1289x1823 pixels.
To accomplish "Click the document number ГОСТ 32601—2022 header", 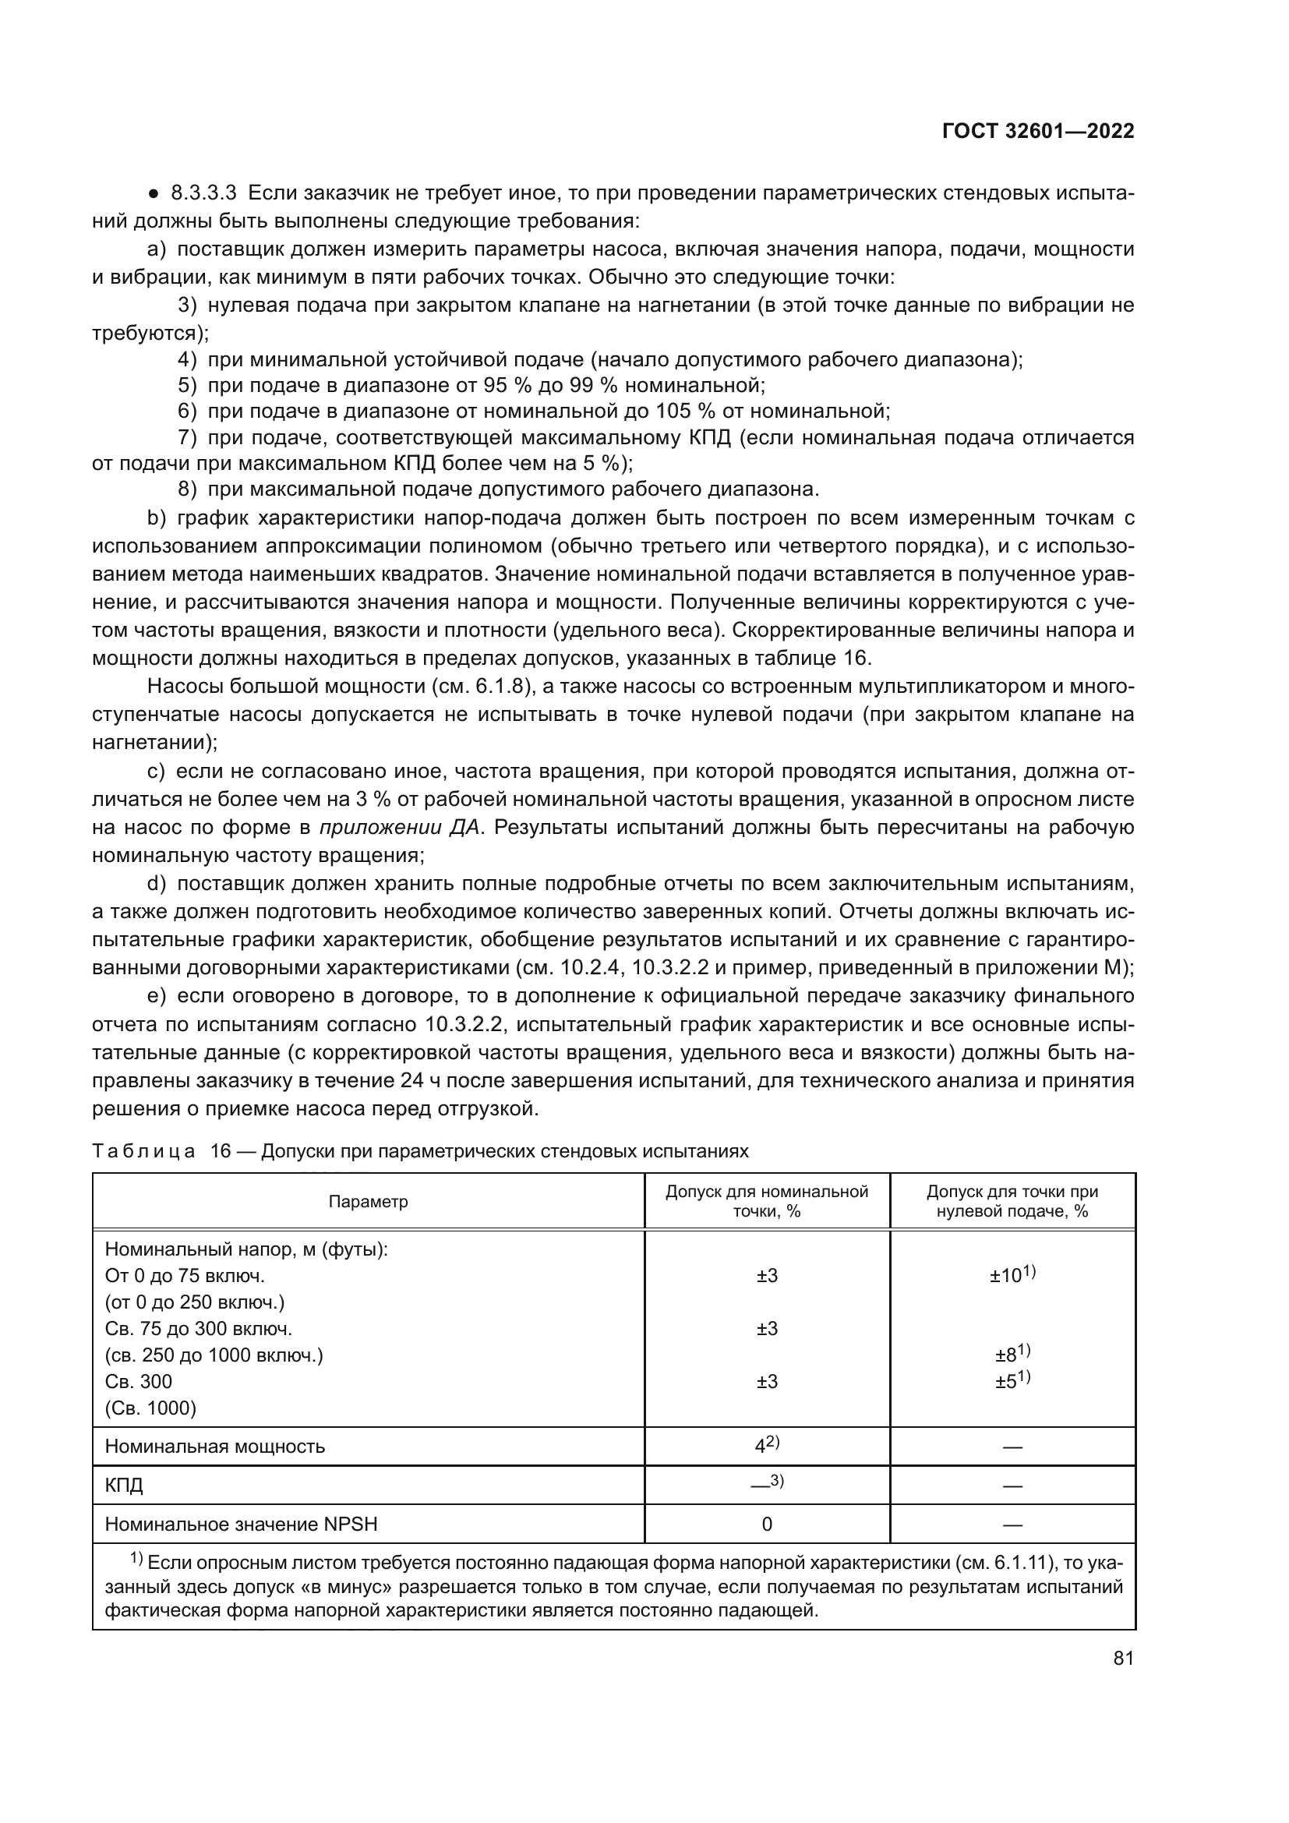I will [1037, 132].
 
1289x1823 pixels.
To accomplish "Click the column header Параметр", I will [369, 1201].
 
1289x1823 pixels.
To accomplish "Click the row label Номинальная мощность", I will [215, 1446].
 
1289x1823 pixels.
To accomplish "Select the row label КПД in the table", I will [124, 1485].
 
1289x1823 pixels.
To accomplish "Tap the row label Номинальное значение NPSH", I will [242, 1524].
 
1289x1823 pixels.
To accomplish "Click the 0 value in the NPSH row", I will [767, 1524].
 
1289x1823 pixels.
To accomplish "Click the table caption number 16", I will [220, 1151].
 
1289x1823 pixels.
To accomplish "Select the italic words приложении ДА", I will [399, 828].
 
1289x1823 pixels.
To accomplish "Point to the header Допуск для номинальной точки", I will [767, 1201].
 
